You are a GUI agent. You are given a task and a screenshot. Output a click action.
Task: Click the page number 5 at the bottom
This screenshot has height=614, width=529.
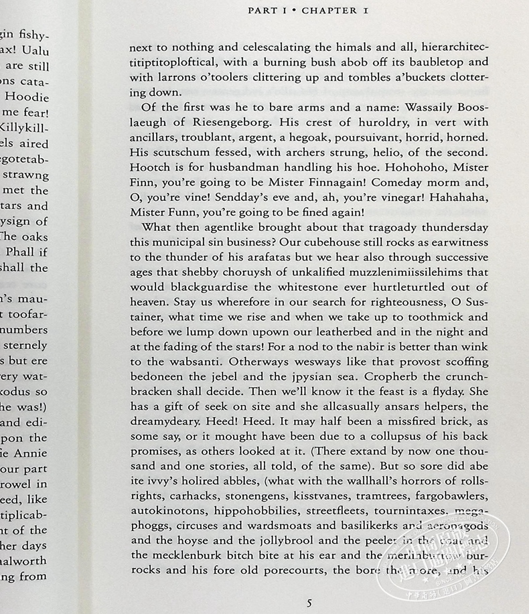click(x=309, y=603)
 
